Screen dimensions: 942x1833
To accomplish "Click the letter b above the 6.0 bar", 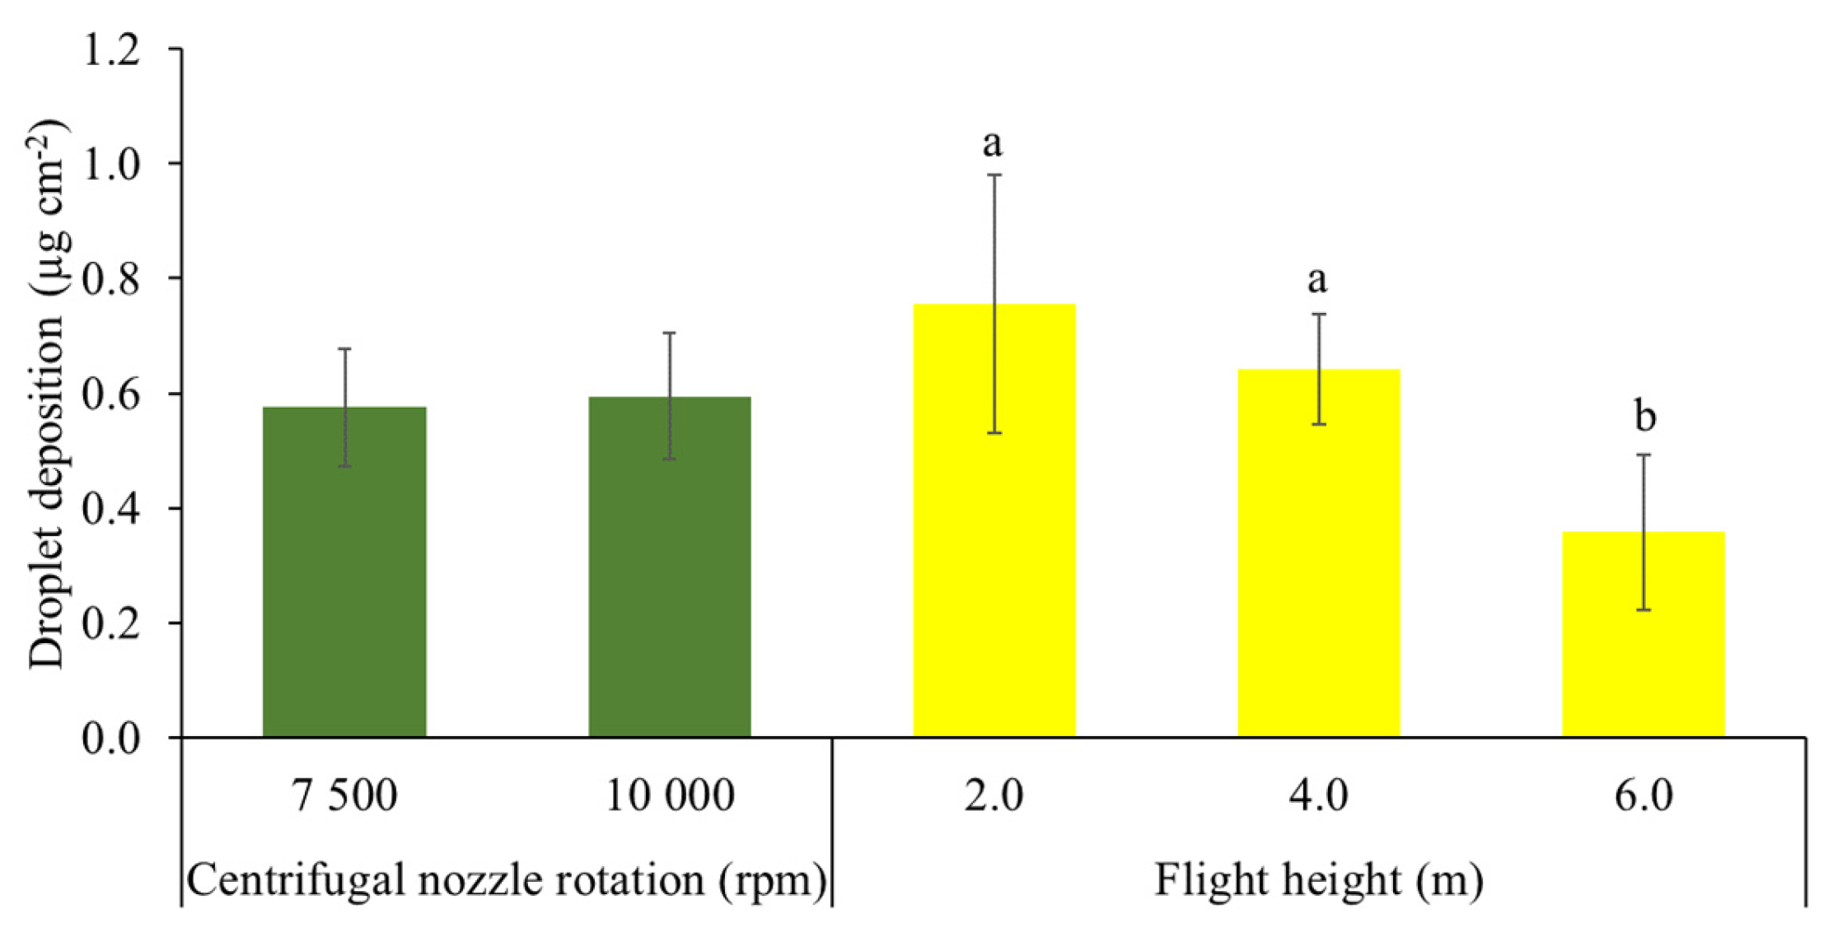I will click(x=1644, y=417).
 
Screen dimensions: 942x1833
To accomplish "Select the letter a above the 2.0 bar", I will click(x=993, y=144).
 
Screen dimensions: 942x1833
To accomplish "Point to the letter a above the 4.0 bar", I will click(x=1317, y=281).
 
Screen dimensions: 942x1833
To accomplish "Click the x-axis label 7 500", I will click(x=344, y=795).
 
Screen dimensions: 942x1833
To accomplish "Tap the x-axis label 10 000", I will click(x=669, y=795).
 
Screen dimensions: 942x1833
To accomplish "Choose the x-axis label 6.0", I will click(x=1644, y=795).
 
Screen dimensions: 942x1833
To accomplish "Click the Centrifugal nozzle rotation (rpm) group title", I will click(x=506, y=879).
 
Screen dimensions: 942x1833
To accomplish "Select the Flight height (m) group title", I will click(x=1318, y=879).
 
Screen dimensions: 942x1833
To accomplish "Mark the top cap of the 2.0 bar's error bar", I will click(x=994, y=175).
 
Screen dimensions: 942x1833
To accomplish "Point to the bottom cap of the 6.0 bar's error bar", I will click(x=1644, y=610).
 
